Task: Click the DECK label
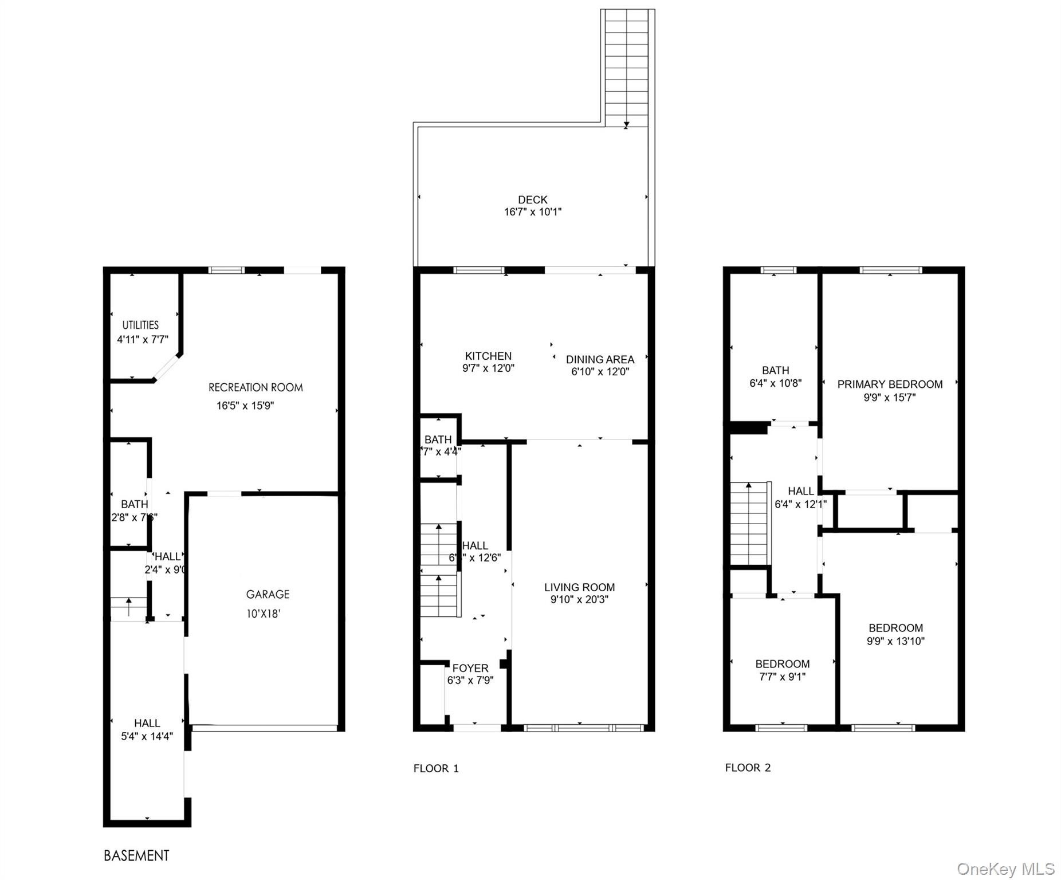[532, 199]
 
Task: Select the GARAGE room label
[268, 594]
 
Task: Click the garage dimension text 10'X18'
[263, 614]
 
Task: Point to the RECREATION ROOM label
[256, 387]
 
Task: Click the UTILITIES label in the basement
[140, 325]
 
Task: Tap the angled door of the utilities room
[167, 367]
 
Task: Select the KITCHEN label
[488, 356]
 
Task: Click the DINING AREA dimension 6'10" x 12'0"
[600, 372]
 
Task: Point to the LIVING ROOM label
[579, 587]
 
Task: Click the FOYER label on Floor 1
[470, 668]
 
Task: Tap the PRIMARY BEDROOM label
[890, 384]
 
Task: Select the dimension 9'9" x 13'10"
[895, 641]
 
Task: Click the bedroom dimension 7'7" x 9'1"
[782, 677]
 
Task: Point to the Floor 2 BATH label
[775, 371]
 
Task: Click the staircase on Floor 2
[749, 524]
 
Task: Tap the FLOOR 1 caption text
[436, 768]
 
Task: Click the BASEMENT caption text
[136, 855]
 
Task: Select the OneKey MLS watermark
[1005, 869]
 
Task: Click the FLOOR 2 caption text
[748, 768]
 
